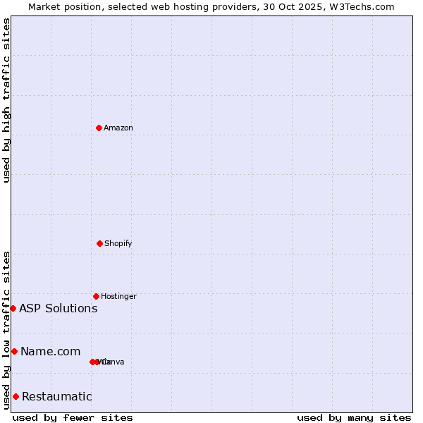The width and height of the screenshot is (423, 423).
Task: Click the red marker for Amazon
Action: point(99,128)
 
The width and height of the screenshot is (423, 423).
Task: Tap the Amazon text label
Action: point(118,128)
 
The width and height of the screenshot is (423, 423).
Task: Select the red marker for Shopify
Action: point(99,243)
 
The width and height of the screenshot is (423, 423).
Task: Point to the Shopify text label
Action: point(118,243)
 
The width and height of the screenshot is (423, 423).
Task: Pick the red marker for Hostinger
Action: point(96,296)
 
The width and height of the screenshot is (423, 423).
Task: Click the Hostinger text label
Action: point(118,296)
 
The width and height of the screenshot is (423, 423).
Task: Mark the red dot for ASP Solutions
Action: point(13,308)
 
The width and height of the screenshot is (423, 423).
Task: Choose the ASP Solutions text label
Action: point(58,308)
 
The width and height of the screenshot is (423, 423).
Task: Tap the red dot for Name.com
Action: point(14,351)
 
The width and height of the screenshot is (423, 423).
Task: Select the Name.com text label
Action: point(50,351)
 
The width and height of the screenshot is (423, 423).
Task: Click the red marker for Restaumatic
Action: point(16,396)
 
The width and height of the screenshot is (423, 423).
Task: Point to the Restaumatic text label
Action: point(56,396)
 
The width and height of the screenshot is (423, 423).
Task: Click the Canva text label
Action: point(114,362)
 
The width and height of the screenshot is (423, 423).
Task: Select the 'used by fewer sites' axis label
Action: point(73,417)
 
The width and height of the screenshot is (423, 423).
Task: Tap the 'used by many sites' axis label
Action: point(354,417)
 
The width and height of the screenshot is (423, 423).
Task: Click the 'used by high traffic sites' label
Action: point(6,100)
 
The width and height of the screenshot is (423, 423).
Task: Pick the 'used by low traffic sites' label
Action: point(6,330)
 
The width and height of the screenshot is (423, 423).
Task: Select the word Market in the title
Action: point(44,6)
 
